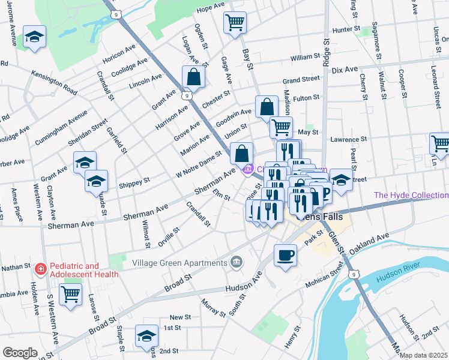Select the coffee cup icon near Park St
(x=285, y=254)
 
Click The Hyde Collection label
(x=411, y=195)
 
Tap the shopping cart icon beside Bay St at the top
(x=235, y=23)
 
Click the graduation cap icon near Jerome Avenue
(x=34, y=35)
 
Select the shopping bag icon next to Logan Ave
(x=193, y=77)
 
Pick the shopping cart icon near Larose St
(x=70, y=295)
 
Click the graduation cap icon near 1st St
(x=146, y=337)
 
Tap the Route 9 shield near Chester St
(x=188, y=95)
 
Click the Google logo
(x=20, y=353)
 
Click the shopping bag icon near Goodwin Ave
(x=266, y=107)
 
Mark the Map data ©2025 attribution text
(x=423, y=355)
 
